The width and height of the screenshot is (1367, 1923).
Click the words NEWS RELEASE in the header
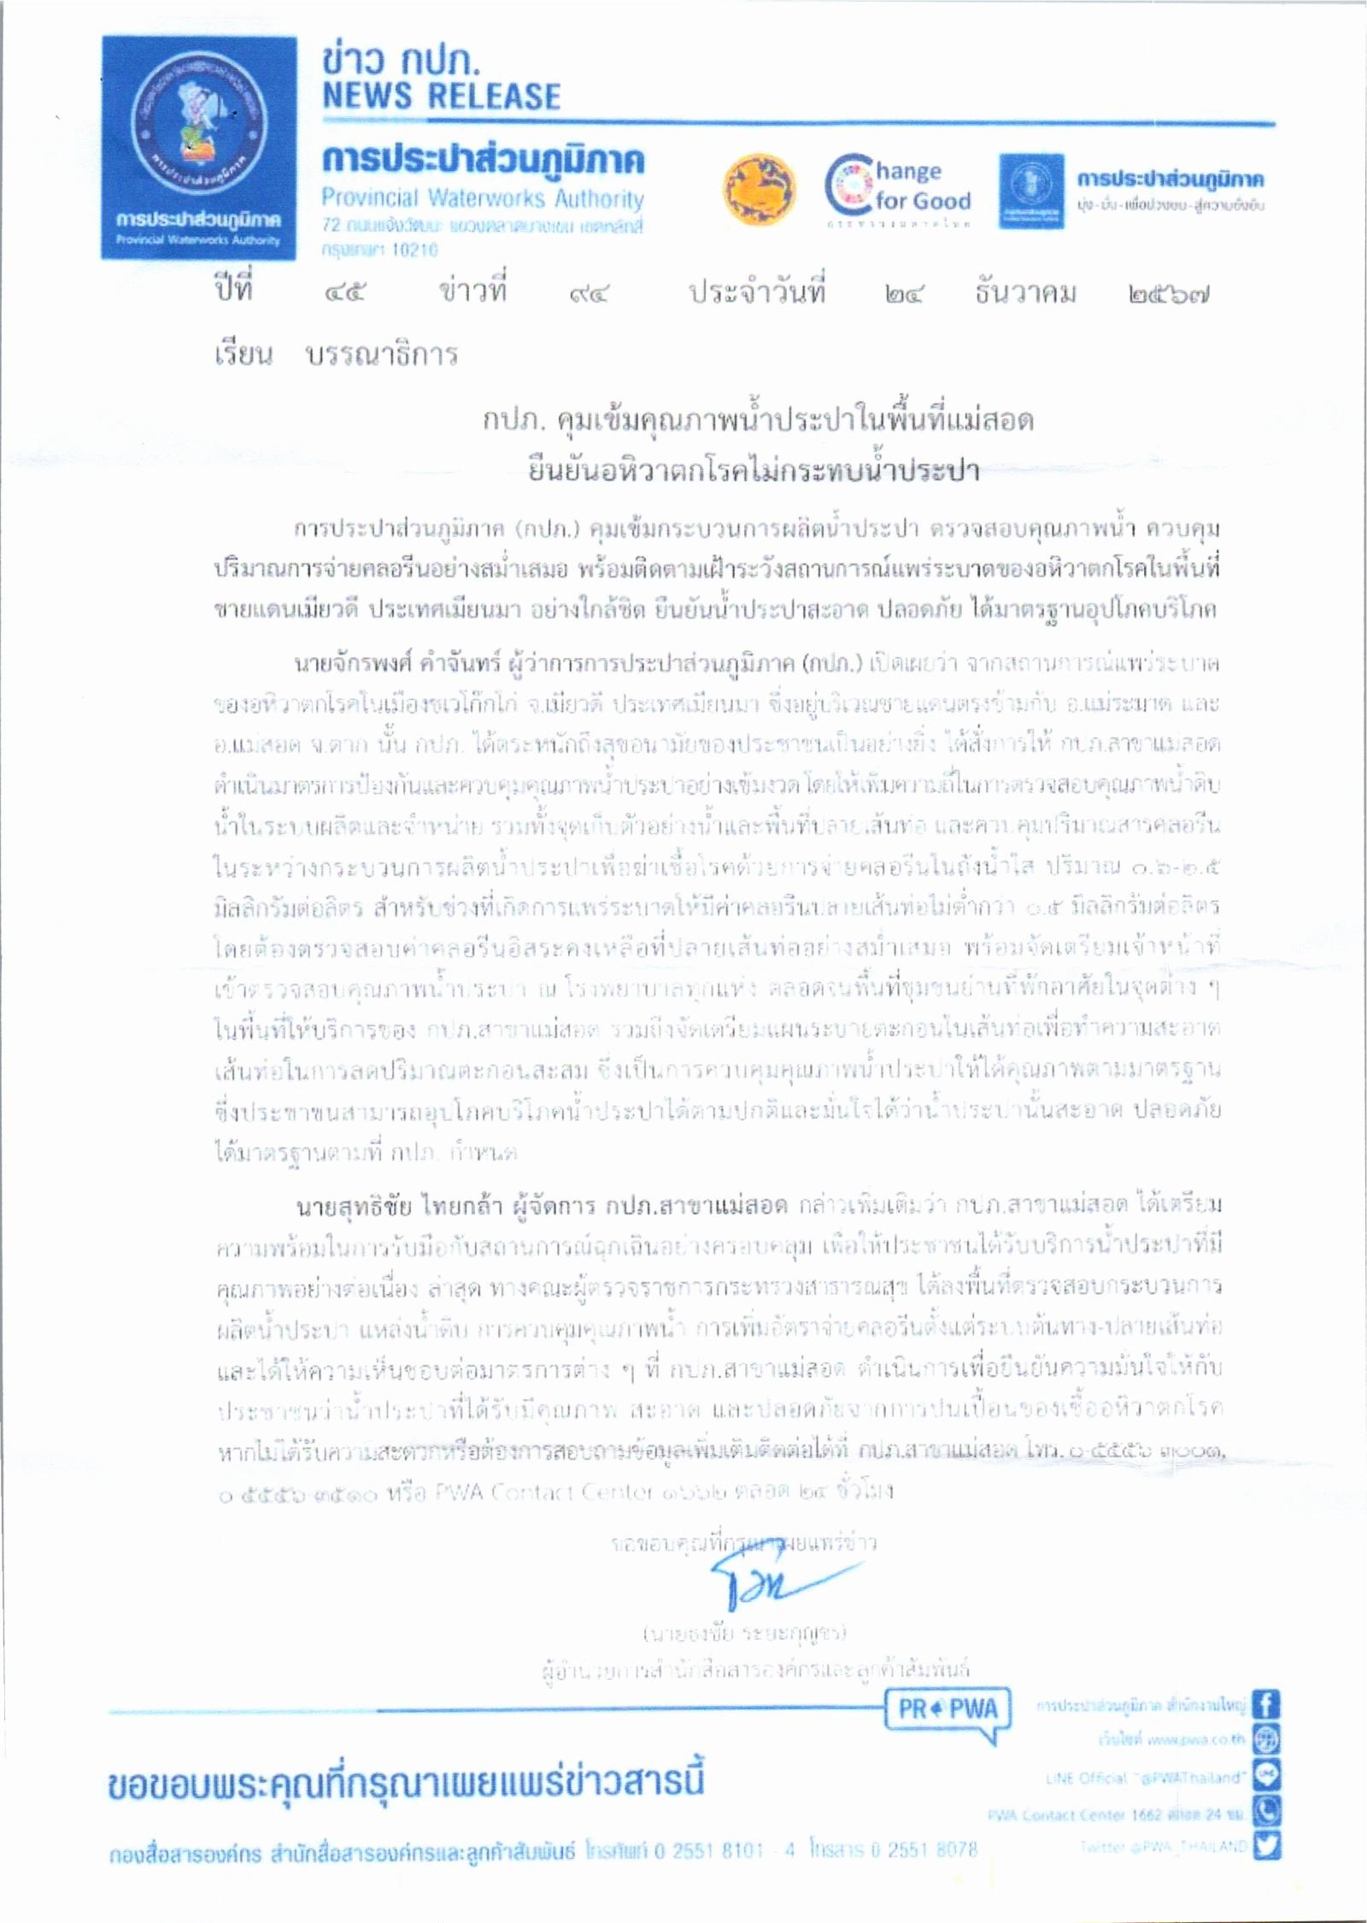pyautogui.click(x=441, y=97)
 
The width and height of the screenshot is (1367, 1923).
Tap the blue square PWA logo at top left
pyautogui.click(x=199, y=148)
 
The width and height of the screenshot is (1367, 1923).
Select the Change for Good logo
pyautogui.click(x=898, y=189)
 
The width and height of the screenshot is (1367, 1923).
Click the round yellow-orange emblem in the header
pyautogui.click(x=758, y=189)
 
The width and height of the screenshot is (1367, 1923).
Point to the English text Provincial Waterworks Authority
pyautogui.click(x=483, y=199)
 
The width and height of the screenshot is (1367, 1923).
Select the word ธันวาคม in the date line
pyautogui.click(x=1025, y=294)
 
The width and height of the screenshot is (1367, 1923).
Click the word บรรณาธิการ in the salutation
pyautogui.click(x=382, y=354)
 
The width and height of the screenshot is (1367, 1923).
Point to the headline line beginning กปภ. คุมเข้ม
pyautogui.click(x=757, y=420)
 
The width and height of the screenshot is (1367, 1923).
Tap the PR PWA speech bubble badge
pyautogui.click(x=948, y=1709)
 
